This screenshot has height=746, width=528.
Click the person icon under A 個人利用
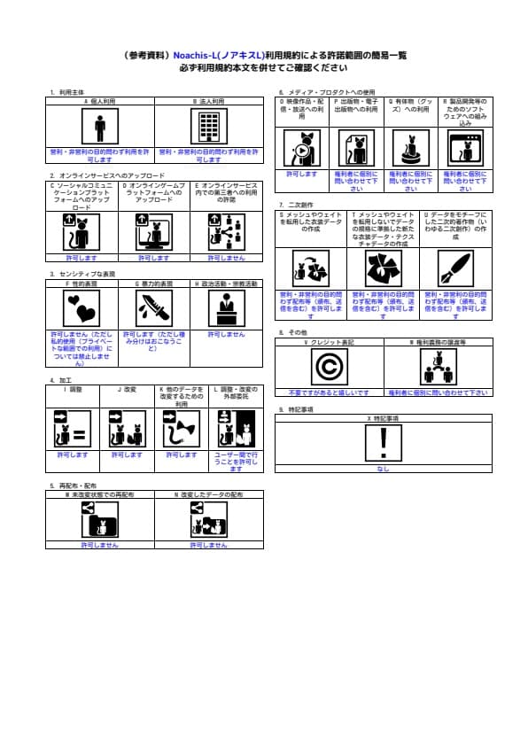click(x=100, y=127)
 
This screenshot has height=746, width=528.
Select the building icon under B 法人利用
click(x=208, y=127)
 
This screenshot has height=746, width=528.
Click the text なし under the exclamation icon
click(x=384, y=469)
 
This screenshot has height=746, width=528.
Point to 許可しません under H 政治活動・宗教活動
click(x=227, y=335)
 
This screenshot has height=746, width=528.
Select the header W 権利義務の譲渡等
click(x=438, y=341)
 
